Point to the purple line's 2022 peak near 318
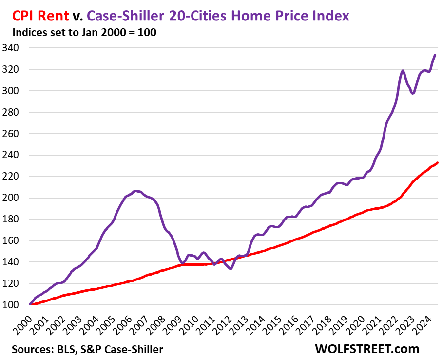403,71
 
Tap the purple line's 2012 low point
231,268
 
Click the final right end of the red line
437,163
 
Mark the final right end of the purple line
435,55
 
